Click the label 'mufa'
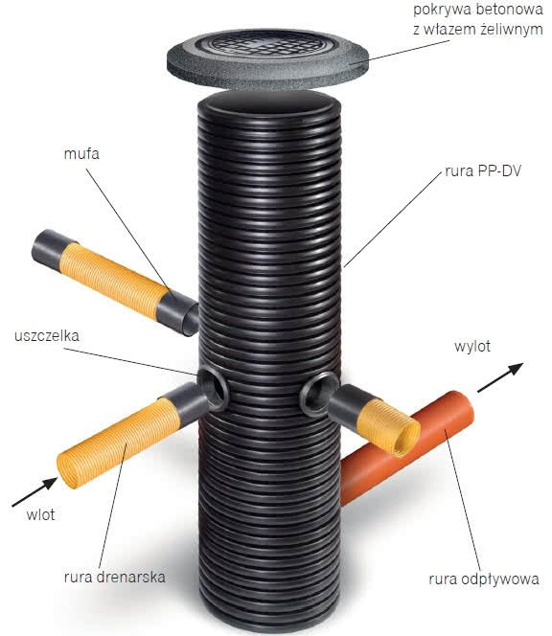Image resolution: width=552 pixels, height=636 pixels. (x=81, y=154)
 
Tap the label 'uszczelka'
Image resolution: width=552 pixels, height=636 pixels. (x=47, y=336)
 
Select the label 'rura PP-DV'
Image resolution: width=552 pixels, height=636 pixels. (x=483, y=170)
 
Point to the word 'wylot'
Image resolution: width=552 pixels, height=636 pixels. (x=472, y=347)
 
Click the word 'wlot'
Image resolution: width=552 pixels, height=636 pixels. (x=40, y=514)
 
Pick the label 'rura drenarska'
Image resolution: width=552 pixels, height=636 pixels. (x=115, y=577)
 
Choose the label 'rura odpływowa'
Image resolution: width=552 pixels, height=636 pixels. (x=484, y=579)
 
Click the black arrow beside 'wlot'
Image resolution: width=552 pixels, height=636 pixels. (x=34, y=492)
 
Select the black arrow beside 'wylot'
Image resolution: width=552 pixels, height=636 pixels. (x=500, y=377)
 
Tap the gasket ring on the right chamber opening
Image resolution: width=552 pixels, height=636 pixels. (x=319, y=394)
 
